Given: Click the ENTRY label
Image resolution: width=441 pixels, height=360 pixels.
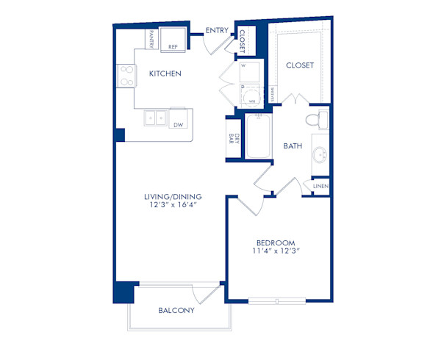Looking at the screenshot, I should coord(217,30).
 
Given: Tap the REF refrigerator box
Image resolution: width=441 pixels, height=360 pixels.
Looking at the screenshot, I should coord(173,41).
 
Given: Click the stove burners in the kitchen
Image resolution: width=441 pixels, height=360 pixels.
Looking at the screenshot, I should coord(126,76).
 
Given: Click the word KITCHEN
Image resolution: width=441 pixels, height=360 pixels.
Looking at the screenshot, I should coord(165,74).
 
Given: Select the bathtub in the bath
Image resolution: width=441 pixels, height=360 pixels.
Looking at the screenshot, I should coord(258,137).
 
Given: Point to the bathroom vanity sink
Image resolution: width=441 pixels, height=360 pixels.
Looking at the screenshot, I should coord(320,154).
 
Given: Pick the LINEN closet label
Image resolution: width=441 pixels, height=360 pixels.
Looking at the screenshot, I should coord(320,187).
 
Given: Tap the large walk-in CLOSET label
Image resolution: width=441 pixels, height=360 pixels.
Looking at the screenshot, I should coord(299,65).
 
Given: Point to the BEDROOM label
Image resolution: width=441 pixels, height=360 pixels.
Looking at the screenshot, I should coord(276,243).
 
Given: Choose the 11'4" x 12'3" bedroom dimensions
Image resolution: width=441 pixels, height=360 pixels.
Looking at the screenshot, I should coord(276,251).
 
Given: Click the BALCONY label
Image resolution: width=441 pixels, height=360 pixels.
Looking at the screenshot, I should coord(176,310).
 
